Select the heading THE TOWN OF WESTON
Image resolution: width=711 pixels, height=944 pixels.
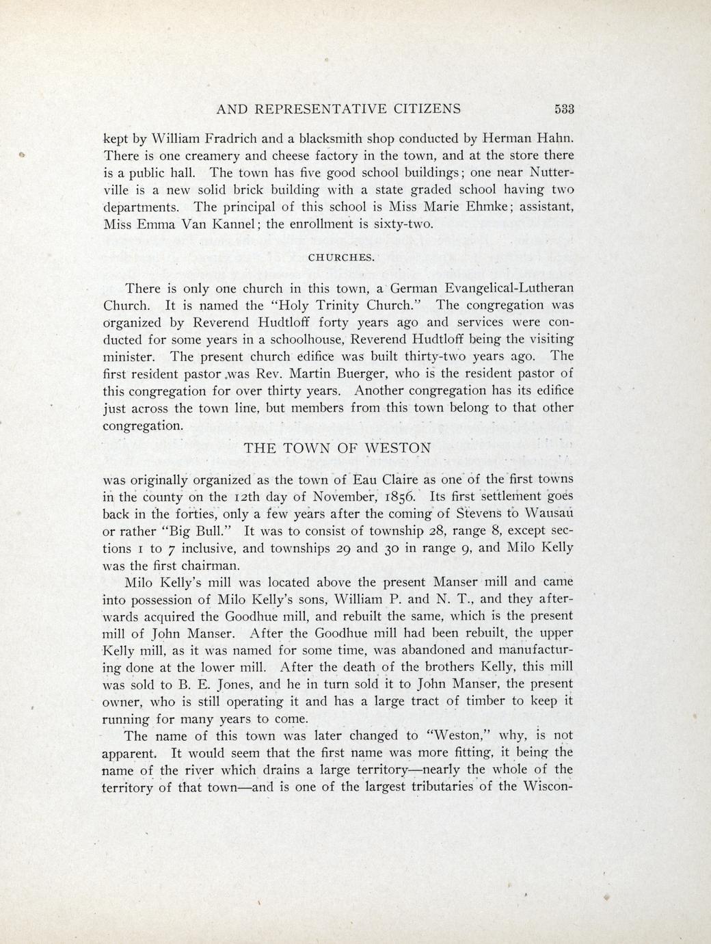[x=338, y=448]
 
